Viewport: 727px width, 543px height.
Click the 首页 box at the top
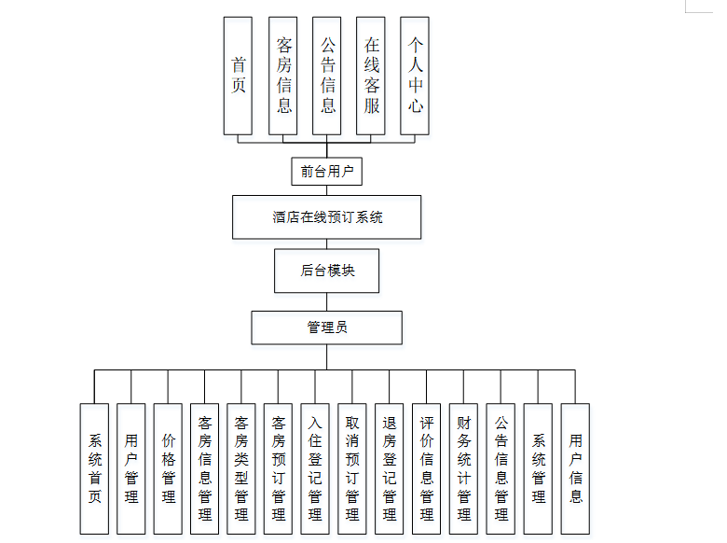click(x=238, y=76)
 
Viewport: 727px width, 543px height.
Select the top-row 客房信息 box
click(x=282, y=76)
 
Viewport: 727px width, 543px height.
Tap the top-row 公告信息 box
click(x=327, y=76)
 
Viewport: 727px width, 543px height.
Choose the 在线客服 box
click(x=371, y=76)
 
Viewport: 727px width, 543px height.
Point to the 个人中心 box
click(x=415, y=76)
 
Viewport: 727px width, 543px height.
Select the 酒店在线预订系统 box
click(x=326, y=217)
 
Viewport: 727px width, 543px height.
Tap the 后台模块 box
click(x=326, y=271)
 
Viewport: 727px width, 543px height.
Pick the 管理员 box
click(x=326, y=327)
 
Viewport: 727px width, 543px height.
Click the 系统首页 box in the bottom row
click(x=94, y=468)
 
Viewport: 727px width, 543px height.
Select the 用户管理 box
click(x=131, y=468)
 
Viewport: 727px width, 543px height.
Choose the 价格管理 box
click(x=168, y=468)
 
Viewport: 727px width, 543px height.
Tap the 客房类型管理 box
click(x=241, y=468)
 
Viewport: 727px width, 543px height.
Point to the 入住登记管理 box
click(x=315, y=468)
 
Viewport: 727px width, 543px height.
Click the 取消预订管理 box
click(x=352, y=468)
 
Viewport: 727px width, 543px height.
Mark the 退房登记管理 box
click(x=390, y=468)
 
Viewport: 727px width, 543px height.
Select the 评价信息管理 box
click(x=427, y=468)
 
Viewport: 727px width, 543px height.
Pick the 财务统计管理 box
click(x=463, y=468)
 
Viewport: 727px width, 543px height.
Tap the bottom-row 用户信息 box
click(x=575, y=468)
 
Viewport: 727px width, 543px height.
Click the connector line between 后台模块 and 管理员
click(x=326, y=301)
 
